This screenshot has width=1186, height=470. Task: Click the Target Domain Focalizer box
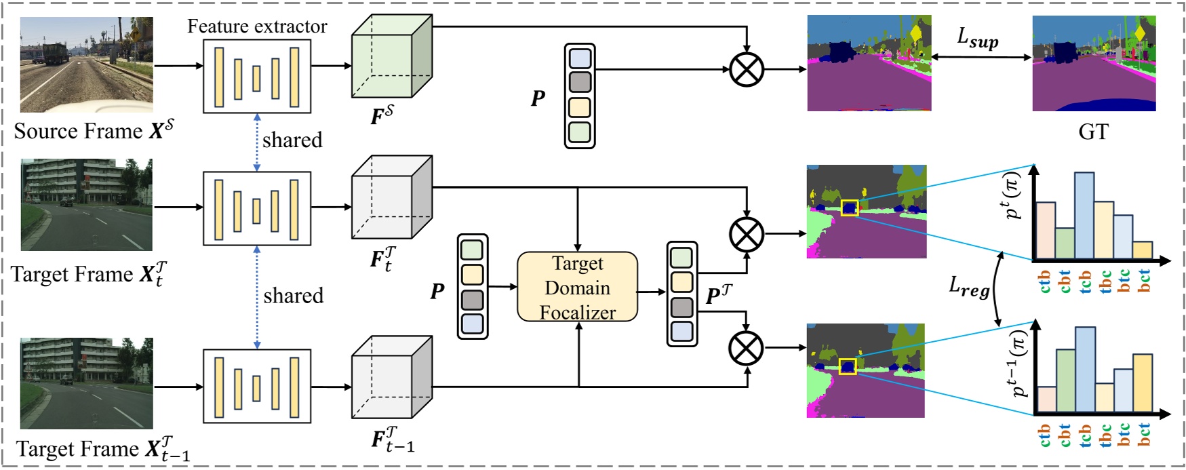(x=577, y=287)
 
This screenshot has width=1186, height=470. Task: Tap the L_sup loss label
(x=977, y=39)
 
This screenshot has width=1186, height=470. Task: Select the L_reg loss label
(x=968, y=288)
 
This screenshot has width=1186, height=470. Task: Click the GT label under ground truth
(x=1092, y=132)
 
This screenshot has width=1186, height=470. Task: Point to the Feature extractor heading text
(x=257, y=26)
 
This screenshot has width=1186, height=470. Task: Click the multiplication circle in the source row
(x=746, y=69)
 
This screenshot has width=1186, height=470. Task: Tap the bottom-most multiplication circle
(x=746, y=349)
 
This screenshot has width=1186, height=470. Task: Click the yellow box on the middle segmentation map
(x=849, y=208)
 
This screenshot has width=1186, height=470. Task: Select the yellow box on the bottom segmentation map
(x=847, y=366)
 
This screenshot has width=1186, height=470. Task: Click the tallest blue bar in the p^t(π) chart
(x=1084, y=215)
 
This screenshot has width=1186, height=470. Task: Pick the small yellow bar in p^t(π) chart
(x=1142, y=250)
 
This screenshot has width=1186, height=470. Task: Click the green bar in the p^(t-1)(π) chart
(x=1065, y=380)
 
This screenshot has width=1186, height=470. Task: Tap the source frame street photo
(x=86, y=64)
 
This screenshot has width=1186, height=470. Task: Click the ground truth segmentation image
(x=1093, y=64)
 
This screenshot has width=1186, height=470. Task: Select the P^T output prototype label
(x=719, y=295)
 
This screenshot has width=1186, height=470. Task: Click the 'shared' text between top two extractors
(x=292, y=140)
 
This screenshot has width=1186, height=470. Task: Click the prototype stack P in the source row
(x=579, y=96)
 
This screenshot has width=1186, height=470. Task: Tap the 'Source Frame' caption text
(x=78, y=132)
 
